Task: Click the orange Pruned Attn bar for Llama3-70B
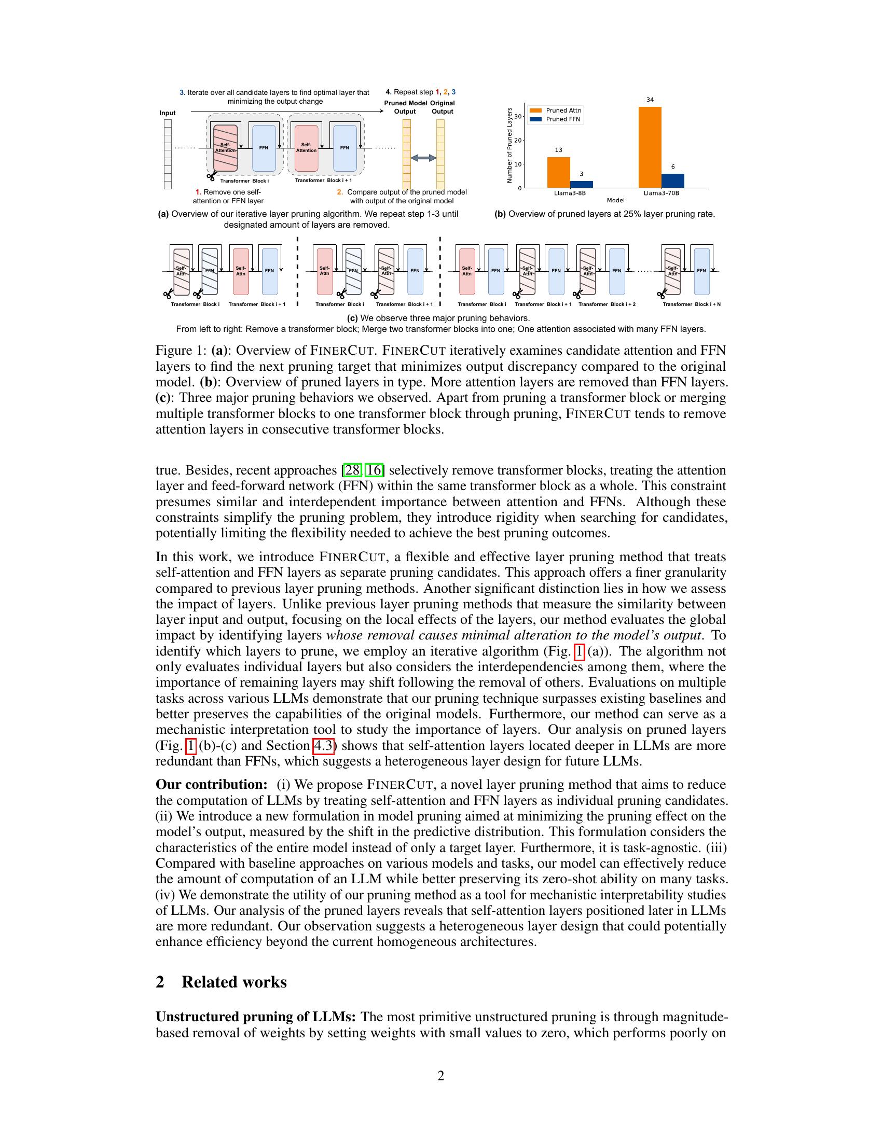click(650, 147)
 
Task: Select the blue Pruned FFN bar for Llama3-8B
click(581, 185)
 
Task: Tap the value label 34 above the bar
click(650, 100)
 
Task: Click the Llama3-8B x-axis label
click(570, 193)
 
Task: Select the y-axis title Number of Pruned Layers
click(509, 145)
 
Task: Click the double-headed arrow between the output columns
click(423, 158)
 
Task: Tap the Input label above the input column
click(168, 113)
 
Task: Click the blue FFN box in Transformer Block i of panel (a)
click(264, 148)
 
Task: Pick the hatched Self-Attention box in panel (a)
click(225, 148)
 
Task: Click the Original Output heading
click(443, 107)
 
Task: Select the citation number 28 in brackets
click(352, 470)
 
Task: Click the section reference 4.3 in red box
click(323, 745)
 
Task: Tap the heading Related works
click(233, 982)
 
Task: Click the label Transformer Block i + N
click(691, 304)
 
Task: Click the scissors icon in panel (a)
click(211, 176)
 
